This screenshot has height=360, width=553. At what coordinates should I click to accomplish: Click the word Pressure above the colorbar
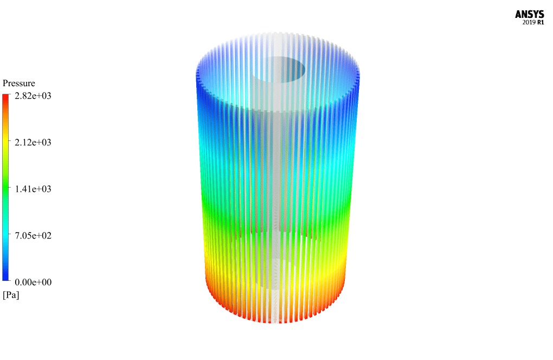coord(18,83)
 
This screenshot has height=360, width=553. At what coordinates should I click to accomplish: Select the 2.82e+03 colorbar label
coord(33,96)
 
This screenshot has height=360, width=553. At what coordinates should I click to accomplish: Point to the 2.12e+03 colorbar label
coord(33,143)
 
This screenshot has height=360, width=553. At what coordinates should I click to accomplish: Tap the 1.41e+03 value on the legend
coord(33,189)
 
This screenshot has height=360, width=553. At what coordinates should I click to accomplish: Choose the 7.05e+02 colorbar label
coord(33,235)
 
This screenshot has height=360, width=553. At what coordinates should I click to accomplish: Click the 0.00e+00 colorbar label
coord(33,282)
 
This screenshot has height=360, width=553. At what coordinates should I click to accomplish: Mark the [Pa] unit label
coord(11,295)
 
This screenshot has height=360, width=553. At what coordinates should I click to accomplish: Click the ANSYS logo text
coord(529,14)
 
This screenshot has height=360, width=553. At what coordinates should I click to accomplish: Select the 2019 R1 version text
coord(533,22)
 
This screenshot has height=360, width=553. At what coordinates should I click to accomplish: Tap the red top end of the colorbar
coord(5,97)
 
